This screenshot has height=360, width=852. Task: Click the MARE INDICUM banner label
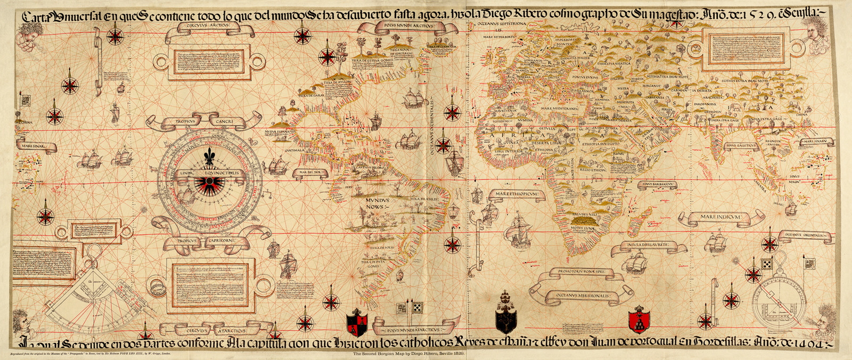point(718,217)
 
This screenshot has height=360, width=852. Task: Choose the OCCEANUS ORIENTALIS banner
point(804,235)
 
